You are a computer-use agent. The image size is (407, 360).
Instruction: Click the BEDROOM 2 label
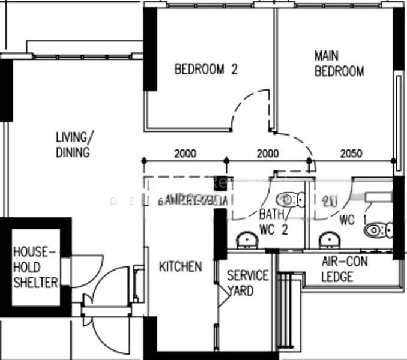205,69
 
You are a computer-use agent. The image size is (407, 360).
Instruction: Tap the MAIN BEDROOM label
339,64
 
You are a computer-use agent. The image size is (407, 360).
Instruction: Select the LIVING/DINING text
73,145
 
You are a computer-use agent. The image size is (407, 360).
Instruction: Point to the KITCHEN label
180,266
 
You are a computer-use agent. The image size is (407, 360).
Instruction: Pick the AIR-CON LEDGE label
345,270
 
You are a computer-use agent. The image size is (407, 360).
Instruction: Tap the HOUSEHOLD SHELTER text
35,267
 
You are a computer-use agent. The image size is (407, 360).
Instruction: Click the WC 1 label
348,220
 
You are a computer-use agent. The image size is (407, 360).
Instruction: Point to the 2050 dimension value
351,154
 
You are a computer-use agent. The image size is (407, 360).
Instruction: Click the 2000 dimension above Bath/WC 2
268,154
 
